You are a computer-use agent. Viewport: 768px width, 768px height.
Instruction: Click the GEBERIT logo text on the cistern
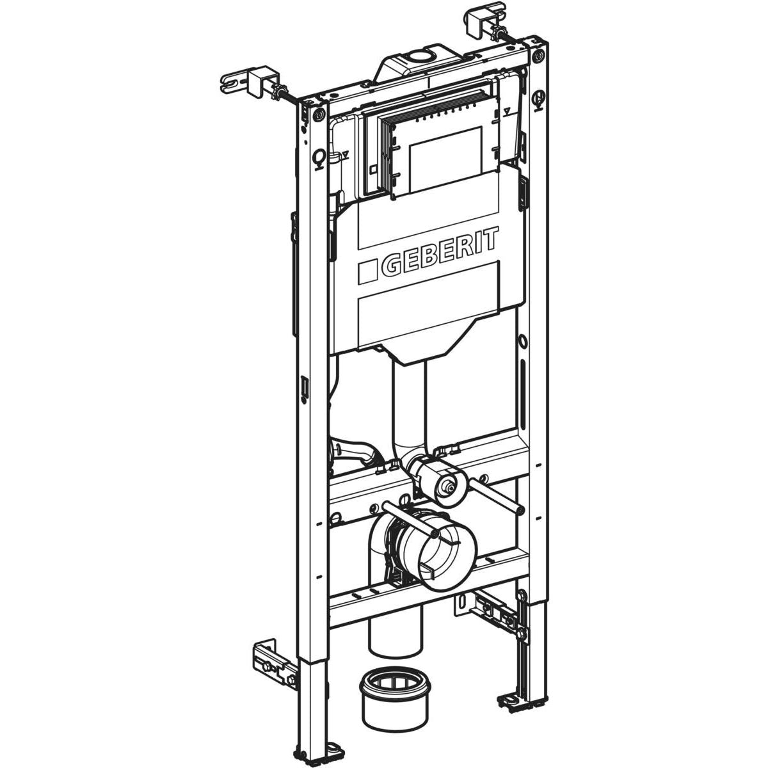pos(439,254)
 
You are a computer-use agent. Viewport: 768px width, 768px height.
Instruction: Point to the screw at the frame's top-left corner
pos(317,115)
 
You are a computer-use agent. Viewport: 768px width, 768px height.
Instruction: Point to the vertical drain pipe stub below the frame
pos(396,634)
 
